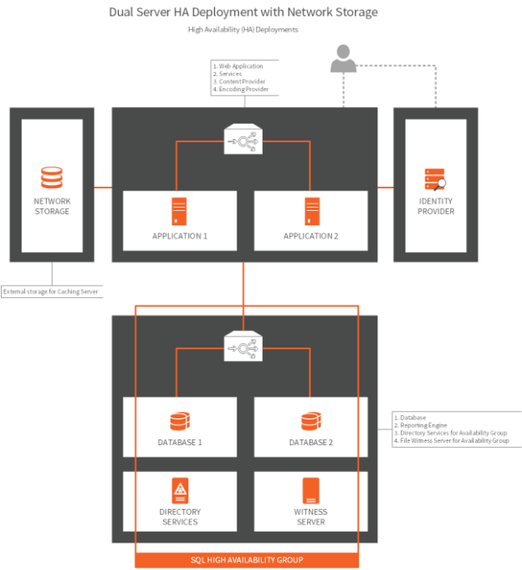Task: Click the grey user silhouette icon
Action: pos(343,59)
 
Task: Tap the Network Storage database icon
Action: pos(52,178)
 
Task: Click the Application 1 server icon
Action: pos(179,210)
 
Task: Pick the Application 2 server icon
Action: pos(311,210)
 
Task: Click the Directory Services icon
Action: pos(179,490)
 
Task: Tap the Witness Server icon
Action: pos(311,490)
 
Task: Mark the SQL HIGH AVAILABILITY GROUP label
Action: pos(246,559)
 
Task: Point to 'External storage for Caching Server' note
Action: pos(51,291)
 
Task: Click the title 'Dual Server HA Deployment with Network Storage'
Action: pos(243,13)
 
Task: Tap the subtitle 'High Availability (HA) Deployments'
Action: pos(243,29)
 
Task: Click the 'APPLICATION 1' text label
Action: pos(179,236)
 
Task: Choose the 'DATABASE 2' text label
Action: pos(311,442)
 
